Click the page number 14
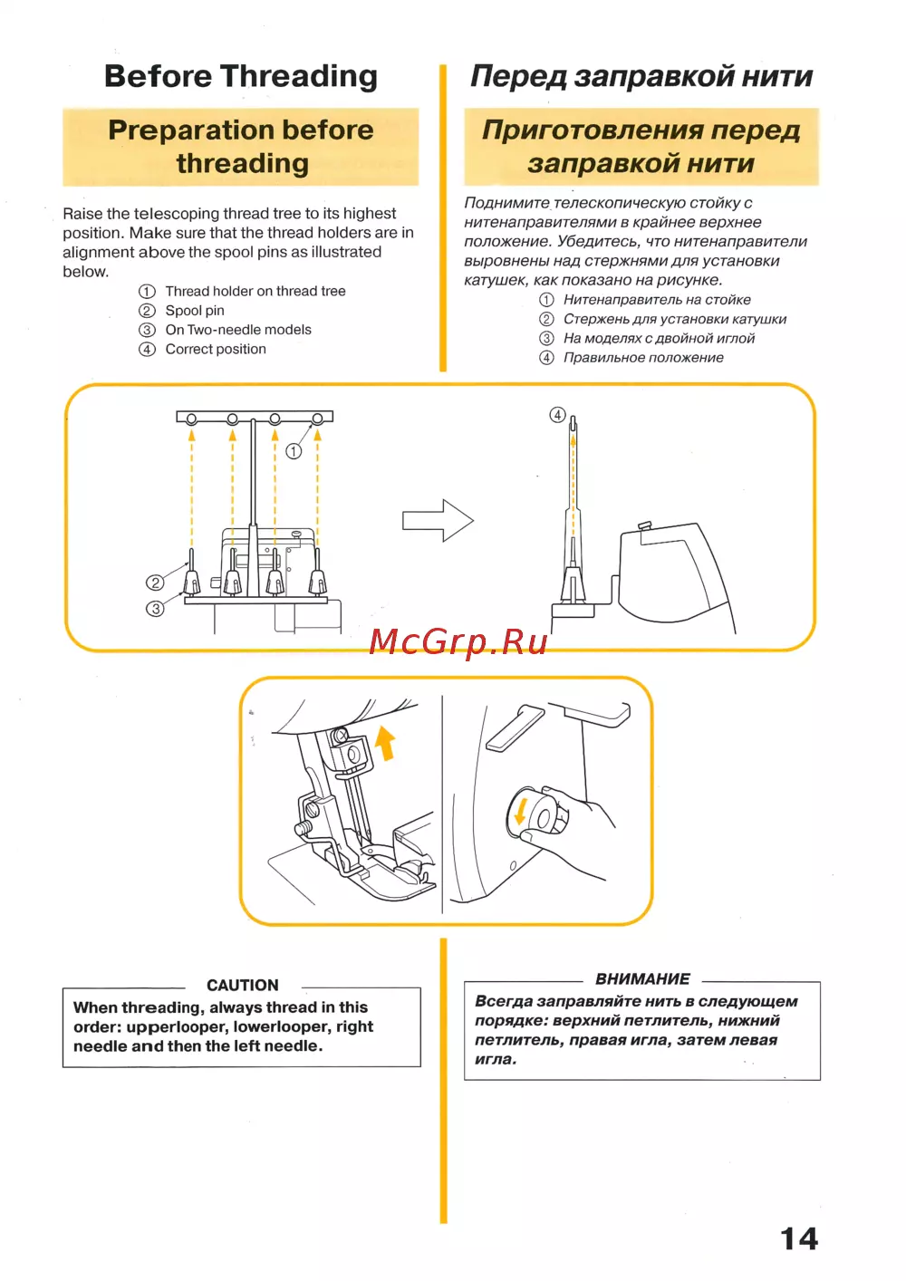point(799,1239)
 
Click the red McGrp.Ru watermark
point(458,641)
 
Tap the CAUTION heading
point(243,985)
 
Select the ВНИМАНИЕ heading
point(642,978)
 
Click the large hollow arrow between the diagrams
point(439,520)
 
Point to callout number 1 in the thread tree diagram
point(294,451)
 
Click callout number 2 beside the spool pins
point(155,583)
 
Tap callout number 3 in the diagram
point(155,609)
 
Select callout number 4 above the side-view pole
point(558,415)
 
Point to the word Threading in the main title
point(299,77)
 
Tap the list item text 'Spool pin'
point(195,311)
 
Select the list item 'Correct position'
point(216,349)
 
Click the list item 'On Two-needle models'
point(238,330)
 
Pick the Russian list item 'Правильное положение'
point(643,358)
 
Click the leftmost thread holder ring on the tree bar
point(191,419)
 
